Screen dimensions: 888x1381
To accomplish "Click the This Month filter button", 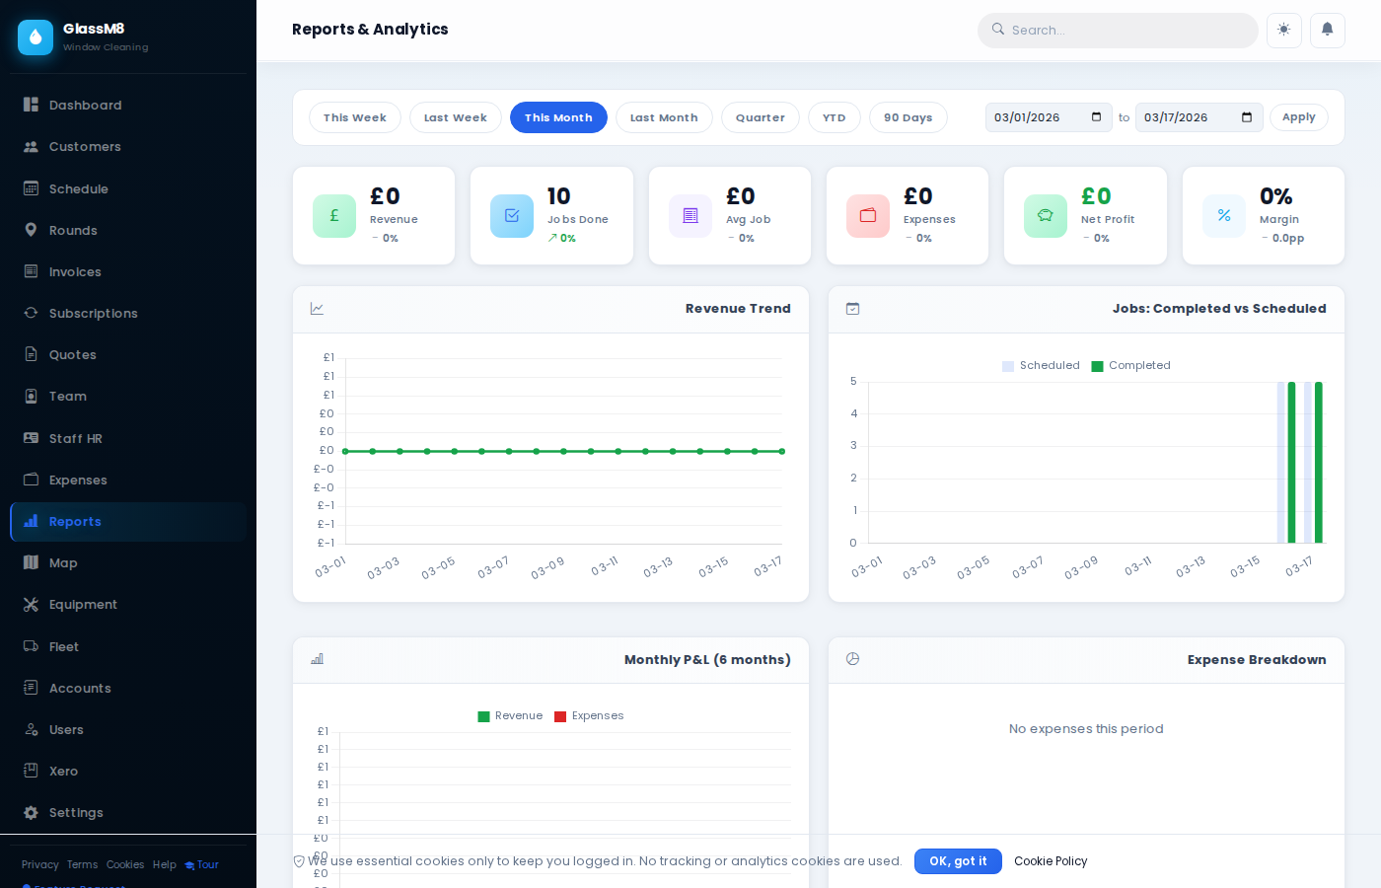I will (x=558, y=117).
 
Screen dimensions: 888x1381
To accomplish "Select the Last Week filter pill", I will (x=455, y=117).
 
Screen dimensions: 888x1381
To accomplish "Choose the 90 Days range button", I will (x=908, y=117).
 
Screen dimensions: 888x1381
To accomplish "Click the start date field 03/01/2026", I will (x=1036, y=117).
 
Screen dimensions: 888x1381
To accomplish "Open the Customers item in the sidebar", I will (x=85, y=147).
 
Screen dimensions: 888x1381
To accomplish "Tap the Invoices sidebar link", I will (x=75, y=272).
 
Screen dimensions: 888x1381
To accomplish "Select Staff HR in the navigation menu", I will (x=76, y=439).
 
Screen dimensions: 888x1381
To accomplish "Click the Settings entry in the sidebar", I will (x=76, y=813).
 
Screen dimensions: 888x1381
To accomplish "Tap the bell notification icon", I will (x=1327, y=30).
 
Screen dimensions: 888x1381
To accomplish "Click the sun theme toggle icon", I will (x=1283, y=30).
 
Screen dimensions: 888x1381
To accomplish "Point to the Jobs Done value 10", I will (x=558, y=196).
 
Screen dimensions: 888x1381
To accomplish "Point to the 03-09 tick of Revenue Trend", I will (x=547, y=567).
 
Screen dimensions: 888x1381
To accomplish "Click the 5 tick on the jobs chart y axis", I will (x=853, y=382).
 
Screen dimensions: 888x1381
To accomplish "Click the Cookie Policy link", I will (x=1051, y=861).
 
